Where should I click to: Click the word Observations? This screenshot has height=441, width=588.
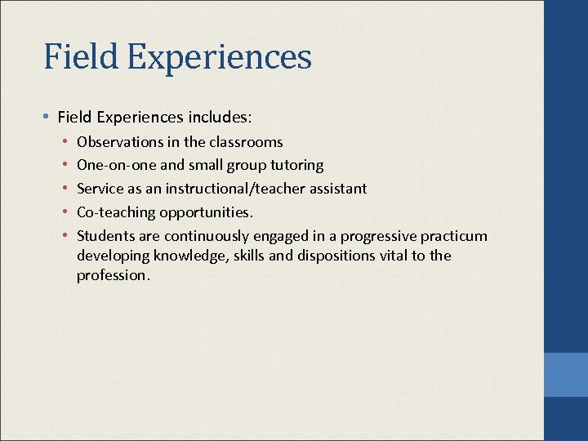(119, 142)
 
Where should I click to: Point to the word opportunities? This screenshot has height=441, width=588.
(206, 212)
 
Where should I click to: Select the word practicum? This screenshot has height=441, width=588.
(453, 236)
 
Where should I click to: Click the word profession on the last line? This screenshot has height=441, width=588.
(112, 275)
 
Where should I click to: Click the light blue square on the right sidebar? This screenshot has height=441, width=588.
(565, 375)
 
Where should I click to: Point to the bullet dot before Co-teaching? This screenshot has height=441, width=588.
(65, 212)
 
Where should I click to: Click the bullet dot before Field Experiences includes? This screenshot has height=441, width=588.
(48, 117)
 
